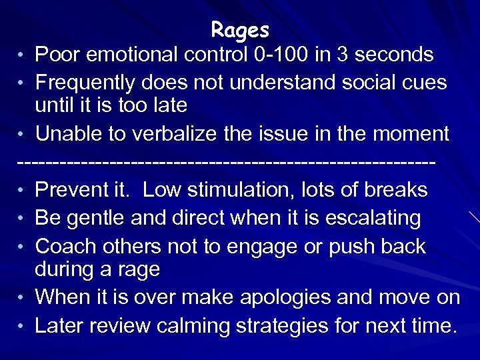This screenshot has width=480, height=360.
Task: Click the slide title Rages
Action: [240, 30]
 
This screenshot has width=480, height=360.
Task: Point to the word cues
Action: [424, 82]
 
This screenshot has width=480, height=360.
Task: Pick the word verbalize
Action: [183, 134]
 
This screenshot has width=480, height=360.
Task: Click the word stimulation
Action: [251, 190]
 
